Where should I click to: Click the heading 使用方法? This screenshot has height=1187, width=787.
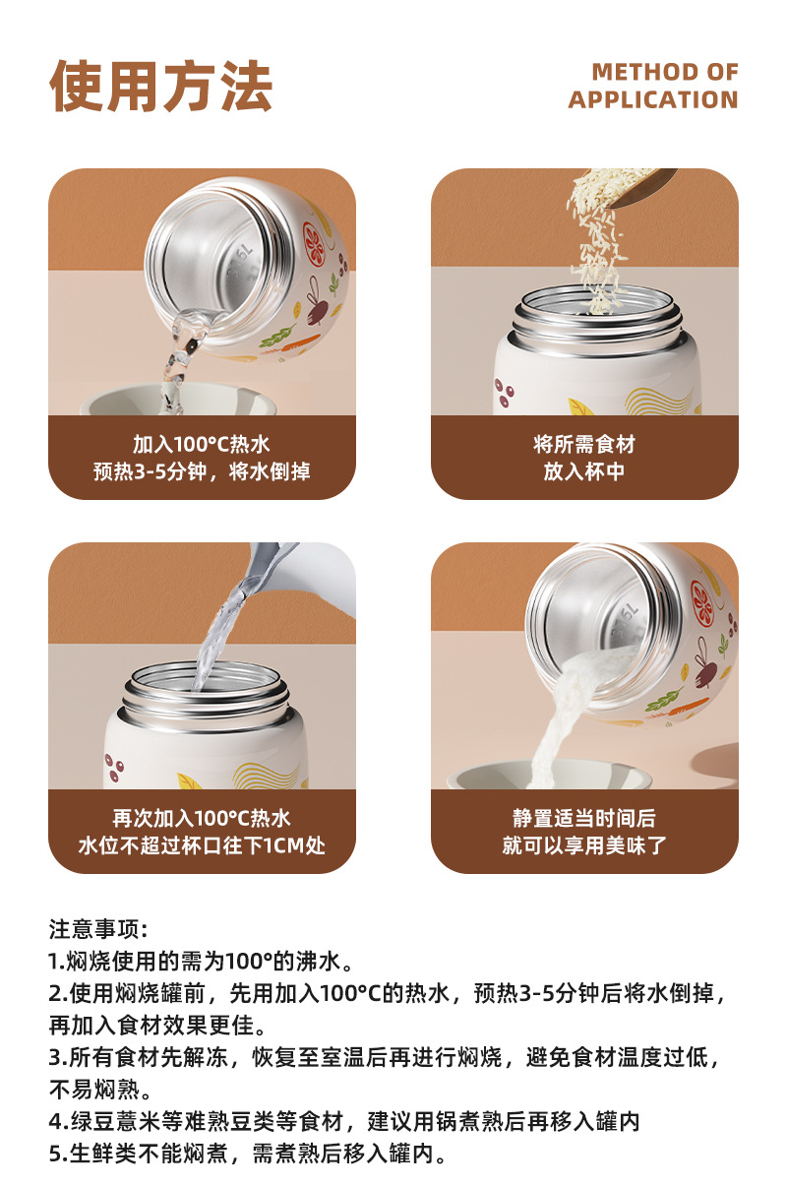[160, 87]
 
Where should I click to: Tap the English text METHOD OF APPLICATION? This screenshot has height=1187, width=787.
[652, 86]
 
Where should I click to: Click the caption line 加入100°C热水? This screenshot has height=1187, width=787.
[201, 444]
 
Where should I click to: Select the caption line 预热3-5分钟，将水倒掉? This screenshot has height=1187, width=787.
[201, 471]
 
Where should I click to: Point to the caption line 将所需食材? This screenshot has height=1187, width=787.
[583, 444]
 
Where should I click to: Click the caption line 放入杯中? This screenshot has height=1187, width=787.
[583, 471]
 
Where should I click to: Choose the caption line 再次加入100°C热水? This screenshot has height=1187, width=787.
[201, 818]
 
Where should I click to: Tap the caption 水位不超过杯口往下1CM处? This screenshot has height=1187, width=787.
[201, 845]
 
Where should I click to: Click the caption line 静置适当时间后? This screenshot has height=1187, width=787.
[583, 818]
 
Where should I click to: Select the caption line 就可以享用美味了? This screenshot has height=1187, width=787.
[583, 845]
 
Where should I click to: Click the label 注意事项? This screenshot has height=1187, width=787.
[98, 929]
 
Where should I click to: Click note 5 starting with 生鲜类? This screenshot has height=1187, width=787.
[249, 1153]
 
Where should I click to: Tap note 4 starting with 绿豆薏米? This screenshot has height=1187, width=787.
[344, 1121]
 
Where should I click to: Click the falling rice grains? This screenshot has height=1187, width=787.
[601, 246]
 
